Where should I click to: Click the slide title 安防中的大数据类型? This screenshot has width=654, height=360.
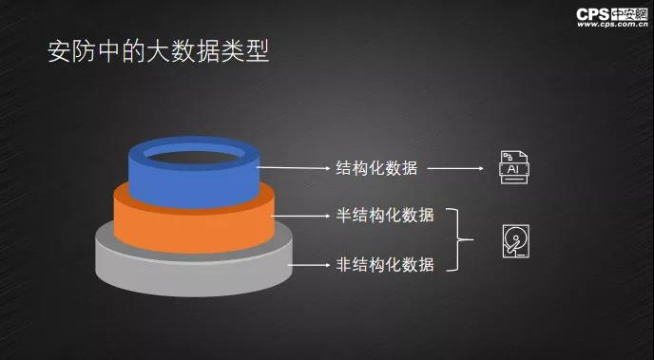tap(159, 51)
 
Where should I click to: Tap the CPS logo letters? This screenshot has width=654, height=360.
tap(593, 14)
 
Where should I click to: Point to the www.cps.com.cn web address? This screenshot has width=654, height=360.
tap(612, 24)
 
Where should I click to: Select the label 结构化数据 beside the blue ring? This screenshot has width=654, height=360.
tap(376, 168)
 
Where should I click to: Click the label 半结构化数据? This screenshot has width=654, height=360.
tap(385, 216)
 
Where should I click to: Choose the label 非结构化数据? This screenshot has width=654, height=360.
tap(385, 265)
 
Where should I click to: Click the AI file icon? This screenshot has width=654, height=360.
tap(514, 167)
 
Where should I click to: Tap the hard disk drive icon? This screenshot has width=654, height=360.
tap(516, 241)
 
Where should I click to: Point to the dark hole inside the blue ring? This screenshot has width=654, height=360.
tap(194, 157)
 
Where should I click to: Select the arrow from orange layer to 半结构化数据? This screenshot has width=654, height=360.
tap(300, 216)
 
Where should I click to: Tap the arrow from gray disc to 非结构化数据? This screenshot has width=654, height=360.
tap(310, 265)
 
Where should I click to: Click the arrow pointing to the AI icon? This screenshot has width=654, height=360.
tap(455, 168)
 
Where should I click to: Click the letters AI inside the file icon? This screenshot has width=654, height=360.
tap(514, 170)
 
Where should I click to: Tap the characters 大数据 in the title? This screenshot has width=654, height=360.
tap(183, 51)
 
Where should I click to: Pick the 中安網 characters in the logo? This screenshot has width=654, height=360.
tap(629, 14)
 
